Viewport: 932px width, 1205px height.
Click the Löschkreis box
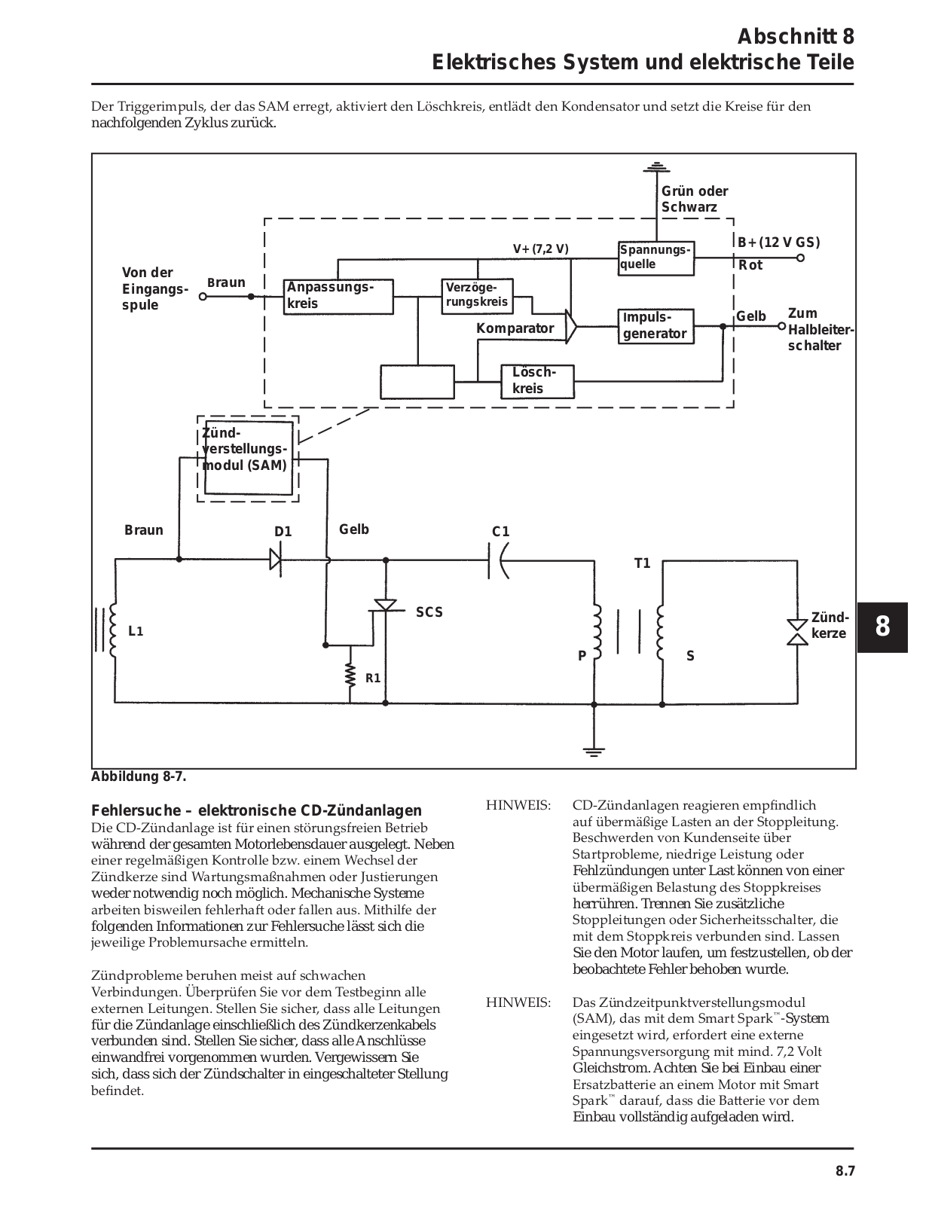(x=537, y=381)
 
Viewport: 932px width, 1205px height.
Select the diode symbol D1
(x=276, y=559)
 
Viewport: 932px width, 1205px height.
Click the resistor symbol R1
(x=350, y=675)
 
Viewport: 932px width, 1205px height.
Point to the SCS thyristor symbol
(x=385, y=606)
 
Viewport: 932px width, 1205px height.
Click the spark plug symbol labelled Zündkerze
(x=798, y=632)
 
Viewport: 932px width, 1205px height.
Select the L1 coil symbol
(x=112, y=630)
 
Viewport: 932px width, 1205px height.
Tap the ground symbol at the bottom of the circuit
(x=594, y=752)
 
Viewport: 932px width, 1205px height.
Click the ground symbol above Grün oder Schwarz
(x=656, y=167)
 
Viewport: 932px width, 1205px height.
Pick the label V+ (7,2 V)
(x=540, y=249)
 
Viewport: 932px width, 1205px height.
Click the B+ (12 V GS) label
(x=779, y=243)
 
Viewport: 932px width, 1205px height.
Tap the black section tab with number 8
(x=882, y=627)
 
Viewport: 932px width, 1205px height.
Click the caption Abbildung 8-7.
(x=139, y=777)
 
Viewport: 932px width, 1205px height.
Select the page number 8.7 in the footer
(x=845, y=1170)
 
